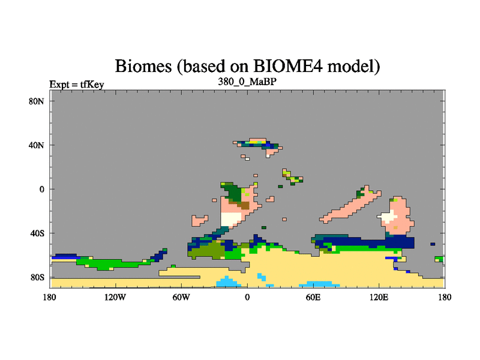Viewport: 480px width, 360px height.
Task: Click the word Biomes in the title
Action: tap(143, 66)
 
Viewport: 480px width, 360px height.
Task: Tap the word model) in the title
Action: tap(353, 66)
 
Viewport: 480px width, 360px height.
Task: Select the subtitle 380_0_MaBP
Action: tap(247, 82)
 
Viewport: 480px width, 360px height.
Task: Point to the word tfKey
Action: tap(92, 85)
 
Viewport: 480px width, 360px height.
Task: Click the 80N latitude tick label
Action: tap(37, 101)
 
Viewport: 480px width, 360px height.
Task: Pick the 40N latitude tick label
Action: tap(37, 145)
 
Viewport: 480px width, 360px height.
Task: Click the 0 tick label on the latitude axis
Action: tap(41, 189)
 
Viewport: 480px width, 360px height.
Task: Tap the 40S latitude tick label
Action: tap(37, 233)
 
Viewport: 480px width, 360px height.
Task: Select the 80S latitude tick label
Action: tap(37, 277)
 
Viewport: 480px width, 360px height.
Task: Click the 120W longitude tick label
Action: tap(115, 297)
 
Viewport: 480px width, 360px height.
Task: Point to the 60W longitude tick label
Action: tap(181, 297)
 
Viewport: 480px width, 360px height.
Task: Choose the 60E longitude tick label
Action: tap(313, 297)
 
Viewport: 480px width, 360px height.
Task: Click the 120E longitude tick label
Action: tap(379, 297)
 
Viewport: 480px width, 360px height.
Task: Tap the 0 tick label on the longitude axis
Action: tap(247, 297)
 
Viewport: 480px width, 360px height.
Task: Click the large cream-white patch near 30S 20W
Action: tap(231, 219)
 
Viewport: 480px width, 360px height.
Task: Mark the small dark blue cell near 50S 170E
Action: tap(433, 244)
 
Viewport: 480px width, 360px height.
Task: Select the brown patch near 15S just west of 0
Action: tap(245, 205)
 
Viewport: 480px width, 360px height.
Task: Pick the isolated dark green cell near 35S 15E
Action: tap(263, 227)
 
